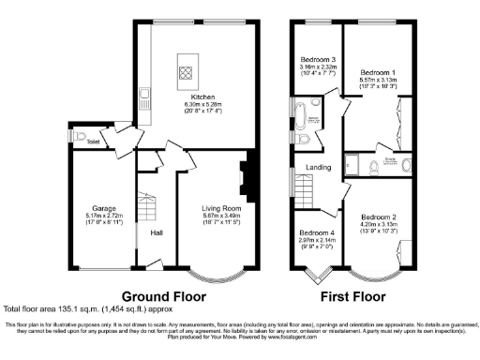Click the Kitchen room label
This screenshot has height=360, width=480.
coord(204,97)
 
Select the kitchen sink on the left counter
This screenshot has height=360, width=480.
coord(145,93)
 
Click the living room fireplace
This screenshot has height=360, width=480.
coord(245,174)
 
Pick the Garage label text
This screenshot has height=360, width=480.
coord(103,208)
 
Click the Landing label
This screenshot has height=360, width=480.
coord(320,169)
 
